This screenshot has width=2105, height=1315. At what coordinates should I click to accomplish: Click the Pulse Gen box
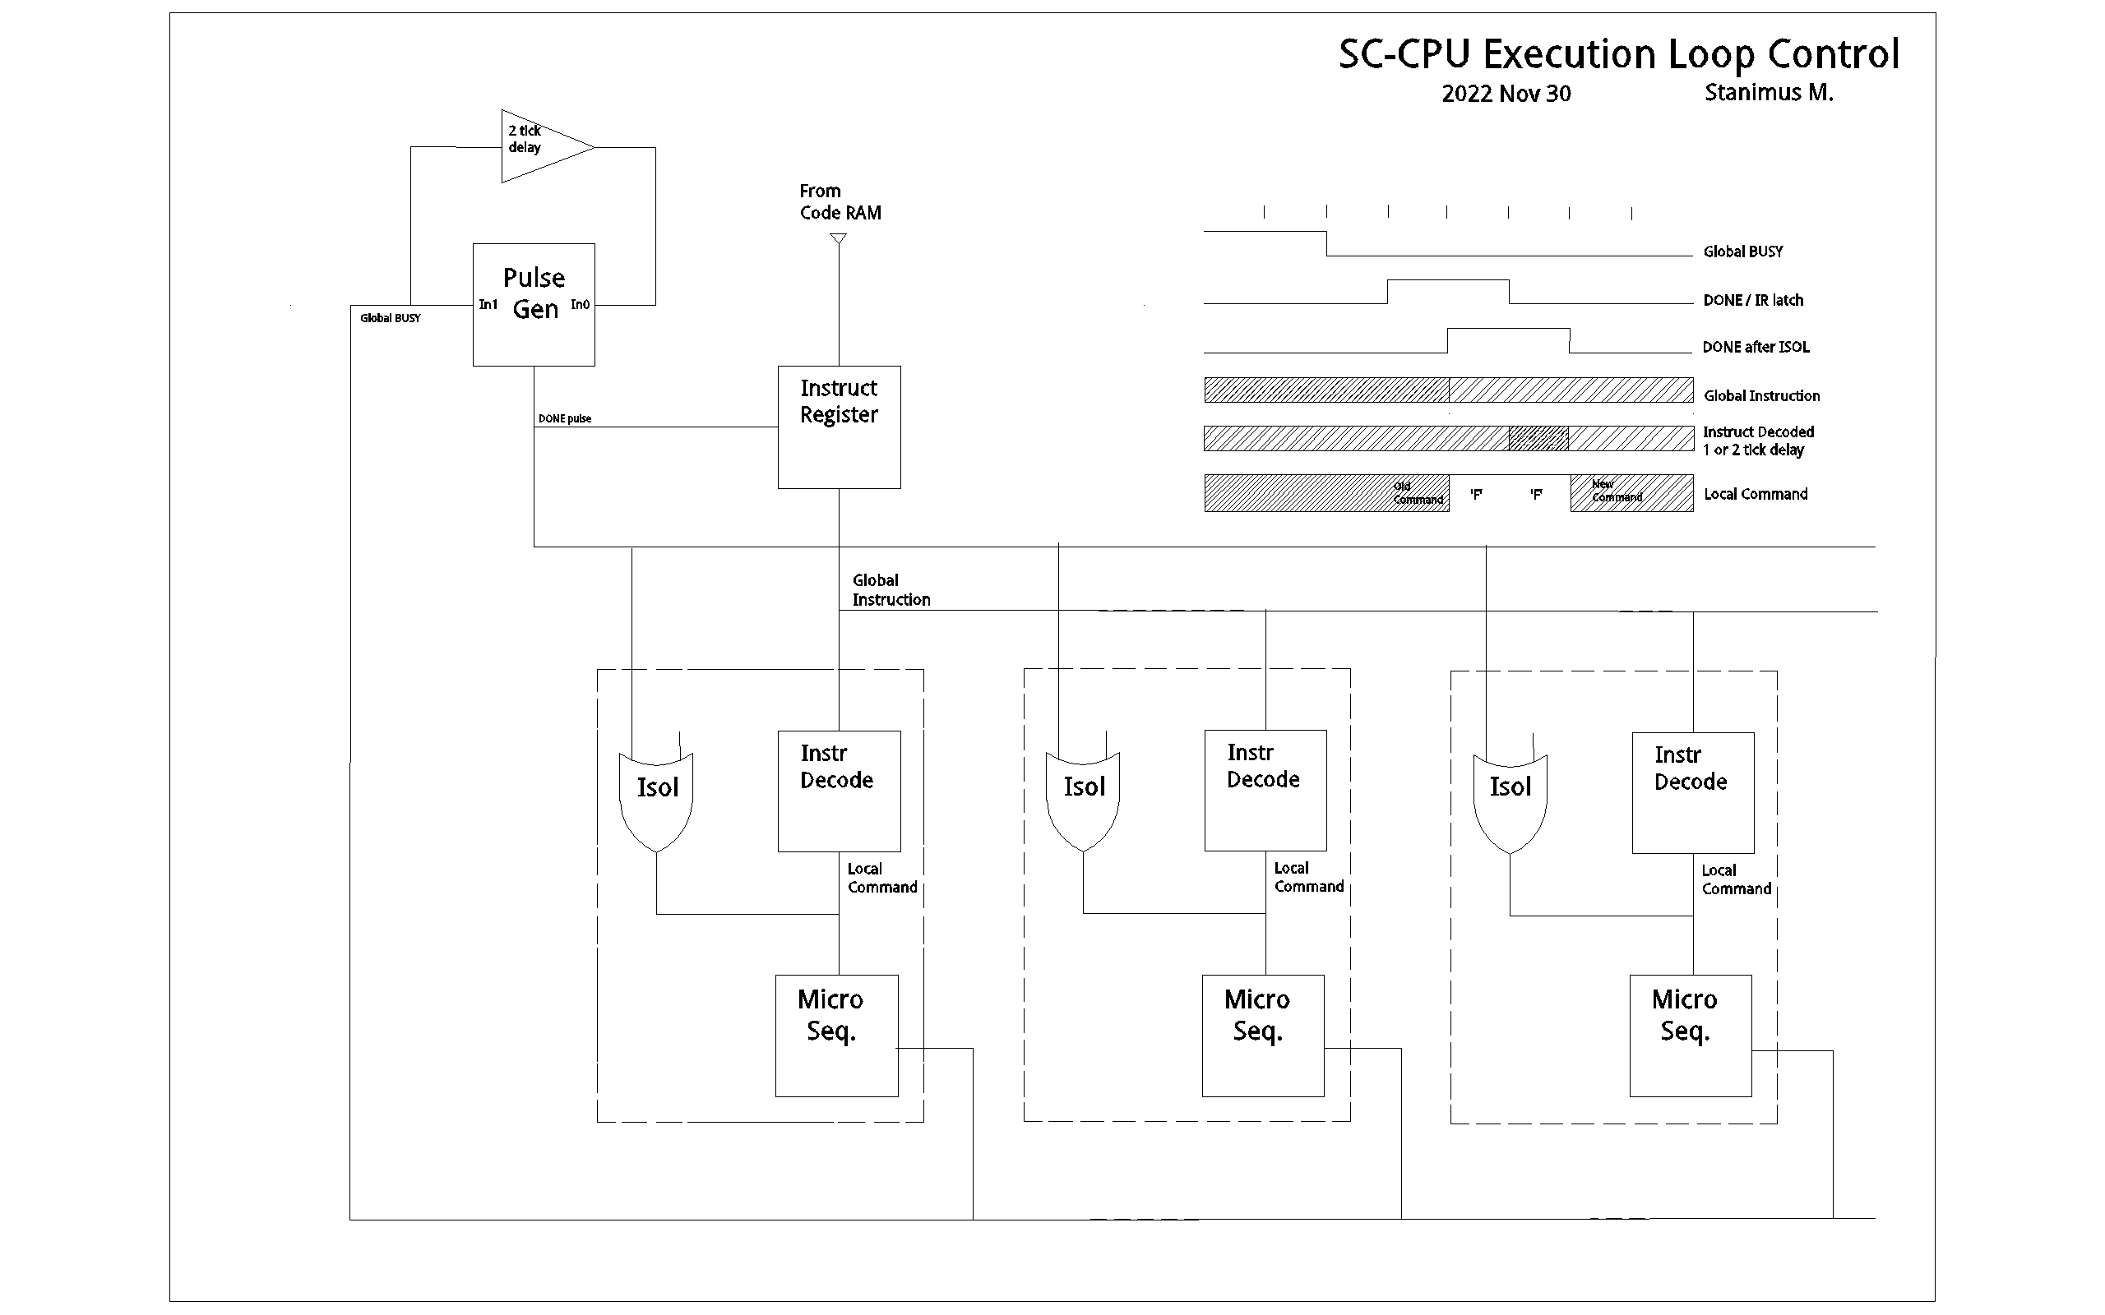pyautogui.click(x=533, y=304)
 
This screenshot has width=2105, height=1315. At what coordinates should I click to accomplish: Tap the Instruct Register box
pyautogui.click(x=839, y=427)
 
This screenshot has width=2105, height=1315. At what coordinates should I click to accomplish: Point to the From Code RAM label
pyautogui.click(x=840, y=202)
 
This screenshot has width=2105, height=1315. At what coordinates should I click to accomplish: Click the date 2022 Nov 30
pyautogui.click(x=1506, y=94)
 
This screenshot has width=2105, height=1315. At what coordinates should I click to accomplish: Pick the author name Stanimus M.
pyautogui.click(x=1769, y=92)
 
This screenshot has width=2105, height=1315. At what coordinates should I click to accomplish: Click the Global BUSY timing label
pyautogui.click(x=1742, y=251)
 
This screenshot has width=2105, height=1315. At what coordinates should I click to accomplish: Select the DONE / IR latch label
pyautogui.click(x=1753, y=300)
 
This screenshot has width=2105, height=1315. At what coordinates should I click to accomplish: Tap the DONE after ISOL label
pyautogui.click(x=1756, y=347)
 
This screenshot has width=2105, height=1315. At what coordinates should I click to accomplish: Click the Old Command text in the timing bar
pyautogui.click(x=1417, y=493)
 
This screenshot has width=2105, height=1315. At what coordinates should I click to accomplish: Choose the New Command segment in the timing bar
pyautogui.click(x=1630, y=492)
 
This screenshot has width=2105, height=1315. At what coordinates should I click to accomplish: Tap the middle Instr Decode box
pyautogui.click(x=1265, y=790)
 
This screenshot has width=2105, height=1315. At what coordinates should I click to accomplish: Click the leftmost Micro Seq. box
pyautogui.click(x=836, y=1035)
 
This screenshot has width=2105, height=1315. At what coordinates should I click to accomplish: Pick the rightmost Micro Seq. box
pyautogui.click(x=1690, y=1035)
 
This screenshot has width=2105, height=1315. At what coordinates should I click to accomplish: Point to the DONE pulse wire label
pyautogui.click(x=565, y=418)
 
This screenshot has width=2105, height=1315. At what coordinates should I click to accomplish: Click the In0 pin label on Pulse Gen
pyautogui.click(x=581, y=304)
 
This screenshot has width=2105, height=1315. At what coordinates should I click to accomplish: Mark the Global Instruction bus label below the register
pyautogui.click(x=890, y=589)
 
